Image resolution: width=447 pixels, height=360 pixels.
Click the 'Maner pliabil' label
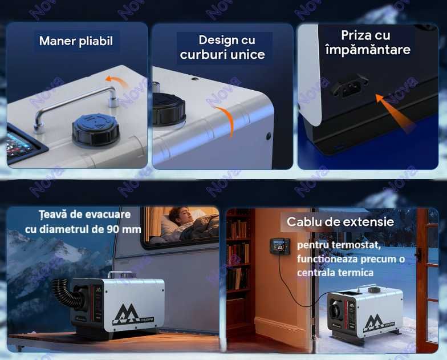76,41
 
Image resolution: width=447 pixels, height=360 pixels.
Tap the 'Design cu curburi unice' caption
222,47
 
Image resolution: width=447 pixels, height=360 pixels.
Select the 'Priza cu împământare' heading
367,43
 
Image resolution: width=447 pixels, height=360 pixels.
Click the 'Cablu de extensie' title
340,221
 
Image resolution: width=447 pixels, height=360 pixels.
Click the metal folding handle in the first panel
74,103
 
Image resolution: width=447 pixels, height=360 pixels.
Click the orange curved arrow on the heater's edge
228,121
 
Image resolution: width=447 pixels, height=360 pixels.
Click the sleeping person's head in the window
176,216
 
